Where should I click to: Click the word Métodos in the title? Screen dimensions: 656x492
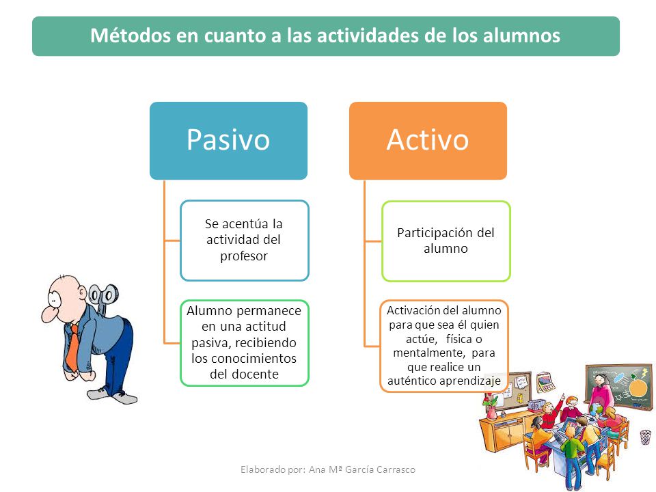point(130,36)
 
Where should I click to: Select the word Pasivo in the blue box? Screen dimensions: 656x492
point(228,139)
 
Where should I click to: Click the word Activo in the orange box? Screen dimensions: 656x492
point(428,139)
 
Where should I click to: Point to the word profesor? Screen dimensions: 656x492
point(244,256)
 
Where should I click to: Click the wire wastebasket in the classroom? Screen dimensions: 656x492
point(646,437)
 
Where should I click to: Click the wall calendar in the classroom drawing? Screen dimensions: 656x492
point(545,381)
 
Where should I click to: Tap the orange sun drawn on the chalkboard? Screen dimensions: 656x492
point(638,387)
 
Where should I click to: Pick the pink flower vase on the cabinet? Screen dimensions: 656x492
point(492,413)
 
